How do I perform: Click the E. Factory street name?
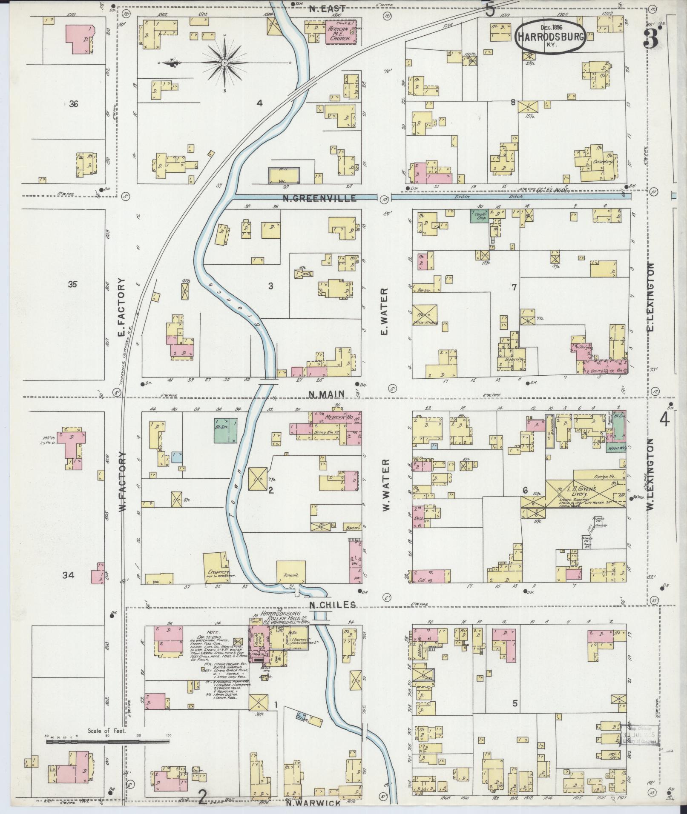pyautogui.click(x=122, y=307)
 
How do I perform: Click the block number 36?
pyautogui.click(x=73, y=103)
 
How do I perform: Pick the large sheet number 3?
pyautogui.click(x=650, y=40)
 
